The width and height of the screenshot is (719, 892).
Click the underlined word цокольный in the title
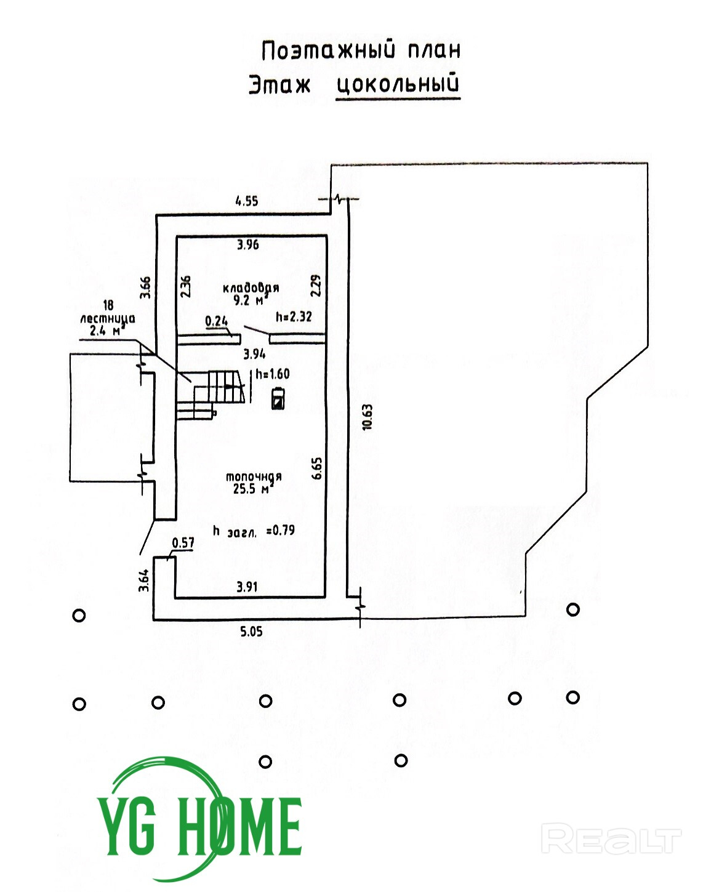click(x=398, y=84)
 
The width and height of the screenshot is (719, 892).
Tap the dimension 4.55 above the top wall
click(x=247, y=201)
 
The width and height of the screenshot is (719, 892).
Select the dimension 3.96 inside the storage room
click(x=248, y=245)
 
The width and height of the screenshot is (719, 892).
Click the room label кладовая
click(x=251, y=287)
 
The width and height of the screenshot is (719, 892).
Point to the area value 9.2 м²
click(x=249, y=300)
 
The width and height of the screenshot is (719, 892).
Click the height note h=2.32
click(x=294, y=317)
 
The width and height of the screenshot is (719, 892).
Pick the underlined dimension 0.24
click(x=216, y=321)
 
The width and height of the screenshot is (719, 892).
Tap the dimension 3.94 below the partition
click(x=254, y=354)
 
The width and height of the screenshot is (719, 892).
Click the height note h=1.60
click(x=273, y=374)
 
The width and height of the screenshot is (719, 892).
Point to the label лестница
click(x=108, y=318)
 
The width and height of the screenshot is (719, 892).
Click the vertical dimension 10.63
click(x=368, y=417)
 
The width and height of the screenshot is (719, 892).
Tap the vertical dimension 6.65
click(x=317, y=468)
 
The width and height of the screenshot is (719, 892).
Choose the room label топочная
click(x=254, y=476)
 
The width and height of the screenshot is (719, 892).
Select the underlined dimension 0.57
click(x=183, y=543)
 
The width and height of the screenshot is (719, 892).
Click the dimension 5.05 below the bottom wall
click(x=251, y=632)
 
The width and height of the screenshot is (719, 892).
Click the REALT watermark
click(x=611, y=840)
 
